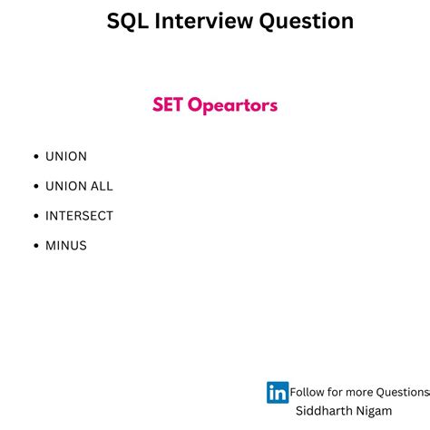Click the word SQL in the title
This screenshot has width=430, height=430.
tap(126, 21)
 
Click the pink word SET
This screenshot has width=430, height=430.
tap(168, 105)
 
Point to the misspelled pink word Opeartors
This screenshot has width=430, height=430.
tap(233, 106)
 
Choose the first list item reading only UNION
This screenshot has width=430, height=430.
tap(66, 156)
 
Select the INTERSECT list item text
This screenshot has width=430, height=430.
tap(79, 216)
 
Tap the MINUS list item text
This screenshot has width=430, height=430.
tap(66, 245)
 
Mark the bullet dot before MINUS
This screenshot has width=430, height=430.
tap(35, 246)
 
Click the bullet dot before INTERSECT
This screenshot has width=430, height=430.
tap(35, 216)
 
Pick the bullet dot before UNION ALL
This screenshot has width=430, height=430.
tap(35, 186)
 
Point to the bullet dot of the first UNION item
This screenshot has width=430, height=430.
tap(35, 157)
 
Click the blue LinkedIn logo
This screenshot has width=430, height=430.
tap(278, 392)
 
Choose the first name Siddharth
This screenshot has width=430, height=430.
tap(325, 411)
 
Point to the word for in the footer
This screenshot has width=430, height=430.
tap(335, 392)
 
